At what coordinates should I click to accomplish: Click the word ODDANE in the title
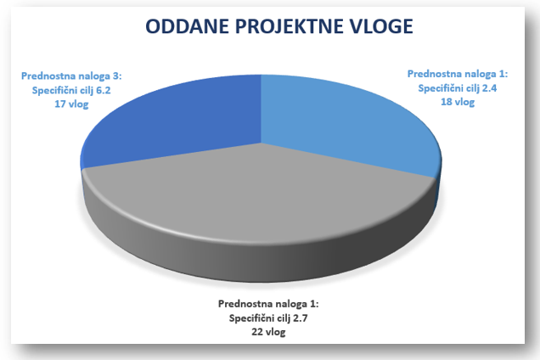pyautogui.click(x=187, y=26)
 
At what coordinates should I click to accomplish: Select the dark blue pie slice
pyautogui.click(x=179, y=124)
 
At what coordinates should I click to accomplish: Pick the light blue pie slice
pyautogui.click(x=345, y=121)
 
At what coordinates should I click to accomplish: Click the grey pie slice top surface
pyautogui.click(x=258, y=193)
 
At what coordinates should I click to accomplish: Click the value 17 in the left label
pyautogui.click(x=59, y=104)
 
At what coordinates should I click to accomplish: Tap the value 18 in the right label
pyautogui.click(x=446, y=103)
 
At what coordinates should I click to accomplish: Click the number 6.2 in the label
pyautogui.click(x=104, y=90)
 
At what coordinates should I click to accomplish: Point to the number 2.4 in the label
pyautogui.click(x=489, y=88)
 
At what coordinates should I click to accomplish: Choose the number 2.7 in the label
pyautogui.click(x=300, y=318)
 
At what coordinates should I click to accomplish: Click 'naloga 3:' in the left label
pyautogui.click(x=100, y=76)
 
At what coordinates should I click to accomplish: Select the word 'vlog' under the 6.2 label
pyautogui.click(x=78, y=104)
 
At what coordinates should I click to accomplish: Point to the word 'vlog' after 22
pyautogui.click(x=275, y=333)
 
